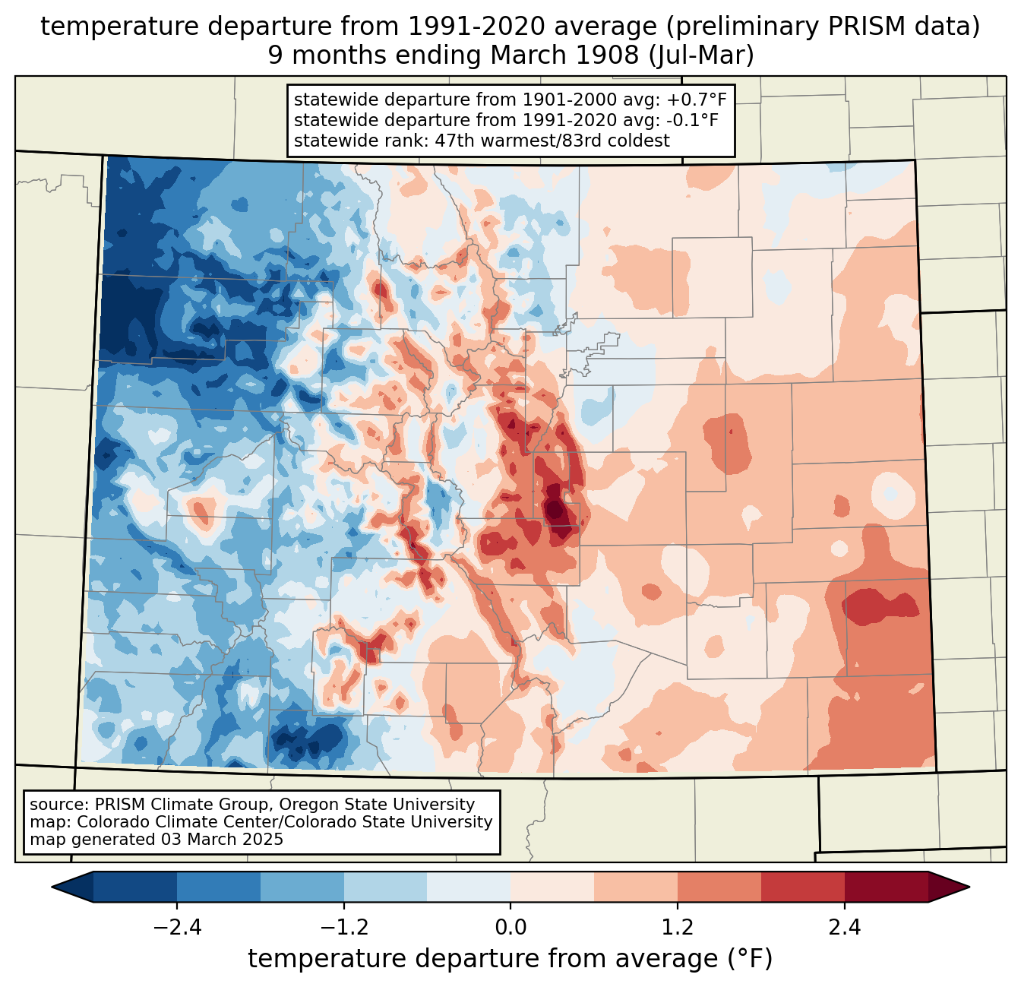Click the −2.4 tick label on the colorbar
coord(177,928)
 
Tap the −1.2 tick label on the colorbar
coord(343,928)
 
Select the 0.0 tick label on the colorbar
coord(510,928)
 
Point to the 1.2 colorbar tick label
coord(678,928)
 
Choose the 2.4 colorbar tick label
coord(844,928)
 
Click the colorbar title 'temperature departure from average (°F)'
coord(510,959)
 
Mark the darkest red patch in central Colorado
coord(555,508)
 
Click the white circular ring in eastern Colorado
coord(887,492)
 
